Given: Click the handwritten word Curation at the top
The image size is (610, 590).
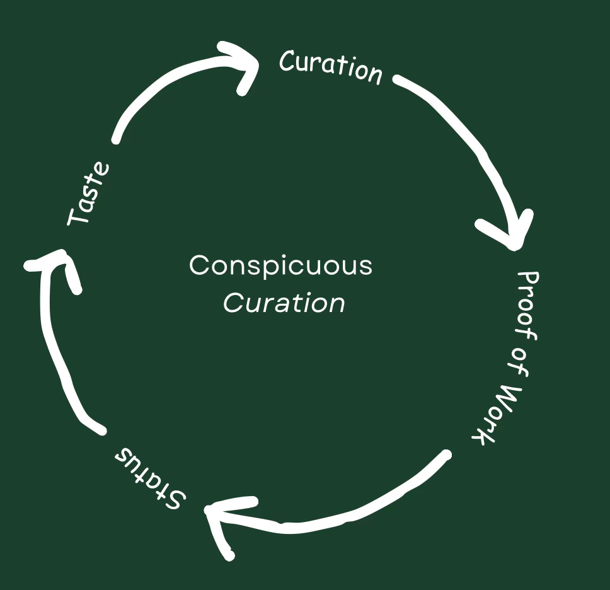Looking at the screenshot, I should coord(331,66).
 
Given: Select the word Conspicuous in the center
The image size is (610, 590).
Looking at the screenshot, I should coord(280,265).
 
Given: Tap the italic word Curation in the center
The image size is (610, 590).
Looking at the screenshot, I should coord(284,303).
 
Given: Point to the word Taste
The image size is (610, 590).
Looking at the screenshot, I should coord(89,193).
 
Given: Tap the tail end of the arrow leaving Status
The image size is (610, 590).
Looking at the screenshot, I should coord(101,430).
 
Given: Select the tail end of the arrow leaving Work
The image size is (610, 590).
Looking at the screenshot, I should coord(446,454).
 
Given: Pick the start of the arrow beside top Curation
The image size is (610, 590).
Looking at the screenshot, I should coord(398,79).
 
